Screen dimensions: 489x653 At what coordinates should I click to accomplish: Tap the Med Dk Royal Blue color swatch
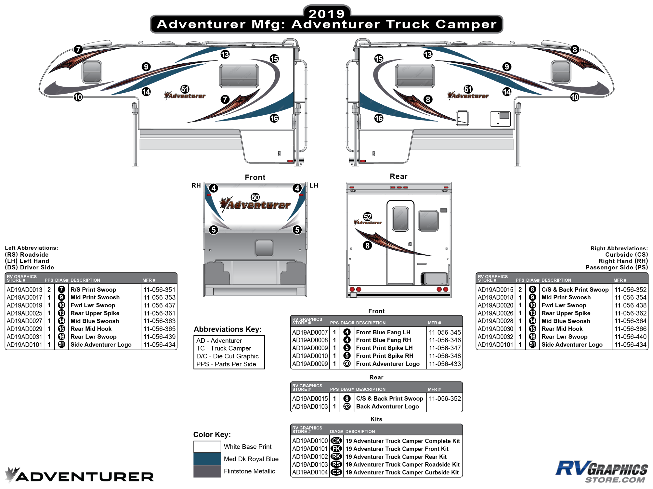click(x=207, y=459)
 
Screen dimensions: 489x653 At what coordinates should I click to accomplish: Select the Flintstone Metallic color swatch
click(x=207, y=471)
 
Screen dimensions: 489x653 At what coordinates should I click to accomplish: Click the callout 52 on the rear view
click(x=368, y=217)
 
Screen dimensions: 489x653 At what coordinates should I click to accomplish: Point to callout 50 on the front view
click(x=255, y=197)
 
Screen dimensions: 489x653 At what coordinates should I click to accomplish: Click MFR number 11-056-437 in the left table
click(x=159, y=305)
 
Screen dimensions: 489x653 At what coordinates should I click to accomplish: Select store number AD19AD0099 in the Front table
click(x=310, y=364)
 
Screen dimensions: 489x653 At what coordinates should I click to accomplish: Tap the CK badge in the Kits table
click(x=336, y=441)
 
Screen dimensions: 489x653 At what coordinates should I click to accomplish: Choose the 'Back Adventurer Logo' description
click(x=387, y=407)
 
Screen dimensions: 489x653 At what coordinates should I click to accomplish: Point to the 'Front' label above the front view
click(x=255, y=177)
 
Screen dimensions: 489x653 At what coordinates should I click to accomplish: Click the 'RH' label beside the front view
click(x=196, y=185)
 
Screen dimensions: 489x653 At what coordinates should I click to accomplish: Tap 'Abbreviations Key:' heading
click(x=228, y=329)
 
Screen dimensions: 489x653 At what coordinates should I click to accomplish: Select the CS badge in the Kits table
click(x=336, y=472)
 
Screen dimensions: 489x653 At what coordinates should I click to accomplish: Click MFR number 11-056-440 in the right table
click(x=630, y=337)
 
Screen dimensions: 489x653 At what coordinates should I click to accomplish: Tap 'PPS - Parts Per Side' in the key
click(x=226, y=364)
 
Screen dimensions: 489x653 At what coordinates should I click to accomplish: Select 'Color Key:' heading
click(x=212, y=434)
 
